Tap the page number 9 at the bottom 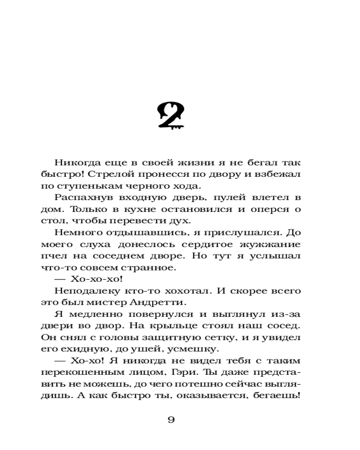(171, 420)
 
